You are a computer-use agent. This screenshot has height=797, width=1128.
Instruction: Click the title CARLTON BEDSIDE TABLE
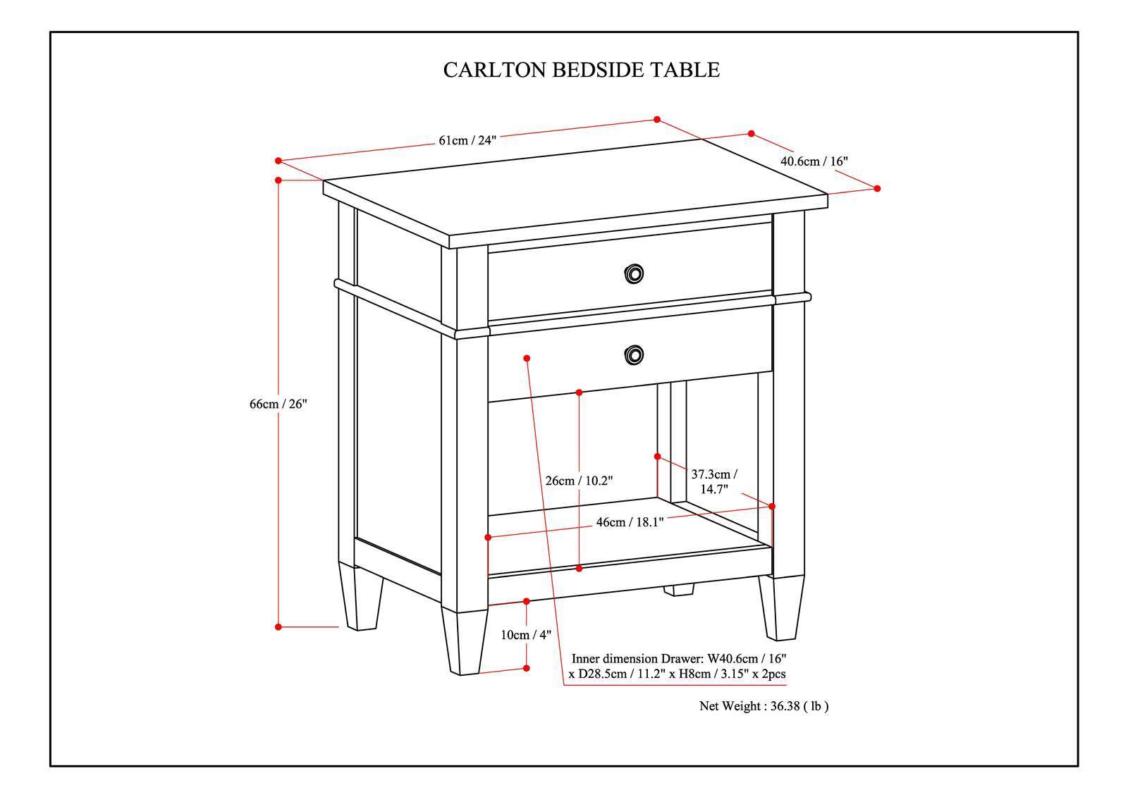581,70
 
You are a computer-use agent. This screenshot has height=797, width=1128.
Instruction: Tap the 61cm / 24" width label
467,140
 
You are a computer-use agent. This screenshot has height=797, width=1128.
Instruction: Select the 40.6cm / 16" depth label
814,161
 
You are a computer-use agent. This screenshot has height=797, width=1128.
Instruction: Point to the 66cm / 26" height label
278,404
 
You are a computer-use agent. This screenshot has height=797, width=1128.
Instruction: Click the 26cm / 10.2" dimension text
579,481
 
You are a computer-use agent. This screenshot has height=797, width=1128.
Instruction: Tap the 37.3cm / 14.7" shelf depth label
714,481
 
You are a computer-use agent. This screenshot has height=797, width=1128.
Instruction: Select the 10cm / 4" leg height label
526,635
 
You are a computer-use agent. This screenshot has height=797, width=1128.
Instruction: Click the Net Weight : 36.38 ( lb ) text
764,706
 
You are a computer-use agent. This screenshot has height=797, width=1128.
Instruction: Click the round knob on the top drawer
634,273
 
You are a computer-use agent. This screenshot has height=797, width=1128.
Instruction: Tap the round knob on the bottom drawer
634,354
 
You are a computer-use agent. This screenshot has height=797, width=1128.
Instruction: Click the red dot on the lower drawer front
527,358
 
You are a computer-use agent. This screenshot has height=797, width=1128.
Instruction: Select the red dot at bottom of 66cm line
278,626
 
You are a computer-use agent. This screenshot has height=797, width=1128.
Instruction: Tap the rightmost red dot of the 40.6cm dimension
878,188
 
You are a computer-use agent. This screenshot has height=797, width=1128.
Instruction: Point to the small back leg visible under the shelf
679,590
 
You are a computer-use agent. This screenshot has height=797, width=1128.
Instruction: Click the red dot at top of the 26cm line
579,392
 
